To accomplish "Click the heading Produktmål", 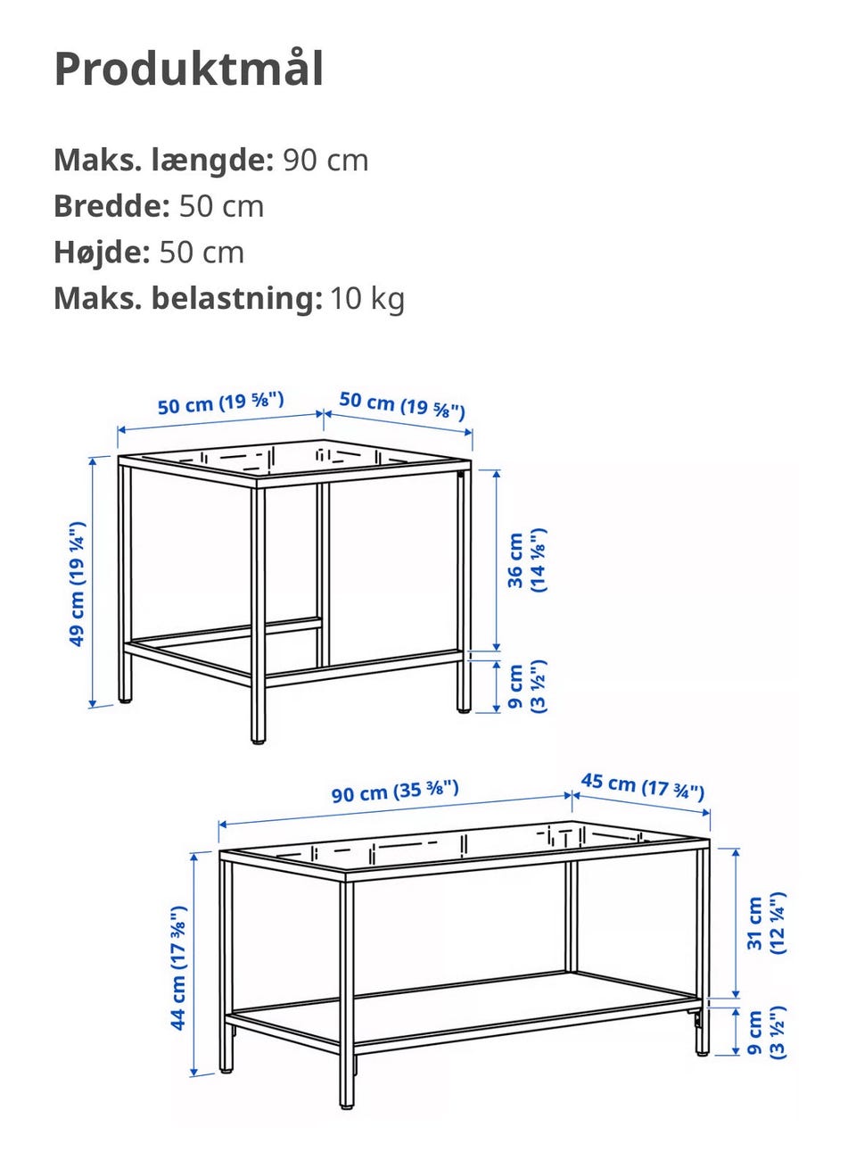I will (x=189, y=69).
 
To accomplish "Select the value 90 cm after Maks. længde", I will (x=325, y=161).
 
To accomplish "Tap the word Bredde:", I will (x=111, y=206).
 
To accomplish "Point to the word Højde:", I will (x=102, y=253).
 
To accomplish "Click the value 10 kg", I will (x=367, y=298).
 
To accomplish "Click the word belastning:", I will (x=236, y=298).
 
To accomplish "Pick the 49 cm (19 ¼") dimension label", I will (x=78, y=584).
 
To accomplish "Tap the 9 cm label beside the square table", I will (x=527, y=686).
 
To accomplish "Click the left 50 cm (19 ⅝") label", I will (x=220, y=403).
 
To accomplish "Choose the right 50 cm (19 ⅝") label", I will (x=402, y=404).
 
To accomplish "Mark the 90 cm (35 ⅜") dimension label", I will (x=395, y=791).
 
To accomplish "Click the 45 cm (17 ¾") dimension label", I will (x=643, y=786).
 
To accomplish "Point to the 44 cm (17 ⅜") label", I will (x=179, y=967).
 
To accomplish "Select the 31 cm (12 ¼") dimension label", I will (x=766, y=923).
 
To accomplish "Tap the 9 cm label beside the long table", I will (x=766, y=1033).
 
